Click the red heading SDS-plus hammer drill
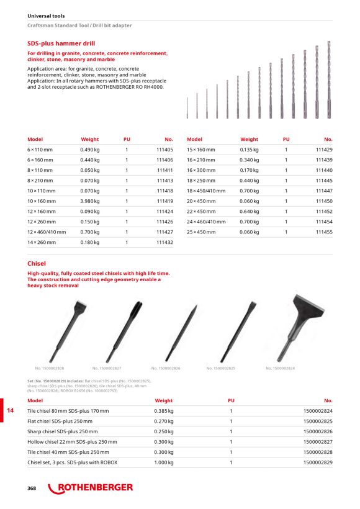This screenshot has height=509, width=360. [61, 43]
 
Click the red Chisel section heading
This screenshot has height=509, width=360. [37, 264]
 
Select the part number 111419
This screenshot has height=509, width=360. [165, 201]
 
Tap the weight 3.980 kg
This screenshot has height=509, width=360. [90, 201]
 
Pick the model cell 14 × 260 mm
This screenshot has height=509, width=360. [42, 243]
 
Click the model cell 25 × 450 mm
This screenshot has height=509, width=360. [201, 232]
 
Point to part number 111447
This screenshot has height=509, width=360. [324, 191]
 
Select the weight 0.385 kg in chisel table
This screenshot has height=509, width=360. [164, 411]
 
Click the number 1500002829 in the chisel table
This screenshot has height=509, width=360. [318, 462]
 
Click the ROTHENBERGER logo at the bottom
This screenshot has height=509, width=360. [91, 488]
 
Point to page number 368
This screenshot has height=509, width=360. [32, 489]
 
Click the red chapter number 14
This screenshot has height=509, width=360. [11, 410]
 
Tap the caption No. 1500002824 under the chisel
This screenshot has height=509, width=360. [280, 369]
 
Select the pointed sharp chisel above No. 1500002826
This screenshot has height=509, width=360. [181, 333]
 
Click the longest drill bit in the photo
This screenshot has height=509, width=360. [329, 79]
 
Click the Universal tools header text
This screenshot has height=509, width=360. [46, 16]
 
